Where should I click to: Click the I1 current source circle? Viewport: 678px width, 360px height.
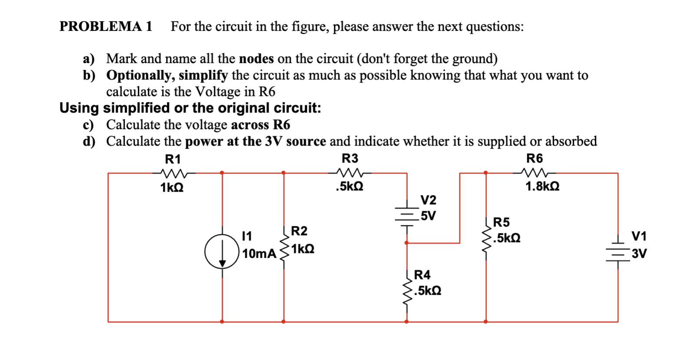(x=222, y=251)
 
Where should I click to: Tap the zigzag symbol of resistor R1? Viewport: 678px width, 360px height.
(x=174, y=173)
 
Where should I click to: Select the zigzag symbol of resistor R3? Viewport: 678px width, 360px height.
(x=350, y=173)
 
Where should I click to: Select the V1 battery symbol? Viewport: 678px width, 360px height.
(x=618, y=252)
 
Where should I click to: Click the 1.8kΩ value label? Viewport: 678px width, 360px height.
(x=542, y=187)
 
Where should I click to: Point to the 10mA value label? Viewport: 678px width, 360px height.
(x=259, y=253)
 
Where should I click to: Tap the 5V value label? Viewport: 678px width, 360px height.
(x=428, y=216)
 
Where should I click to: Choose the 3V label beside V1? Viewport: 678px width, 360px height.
(x=639, y=253)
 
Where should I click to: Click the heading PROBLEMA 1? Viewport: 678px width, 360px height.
(x=106, y=27)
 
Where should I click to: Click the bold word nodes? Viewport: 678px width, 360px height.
(x=256, y=59)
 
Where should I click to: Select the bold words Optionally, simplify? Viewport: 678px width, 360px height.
(x=167, y=76)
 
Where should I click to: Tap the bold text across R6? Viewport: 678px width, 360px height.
(x=260, y=125)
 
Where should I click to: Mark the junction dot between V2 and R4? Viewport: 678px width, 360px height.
(x=406, y=243)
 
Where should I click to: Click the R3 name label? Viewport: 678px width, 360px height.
(x=350, y=158)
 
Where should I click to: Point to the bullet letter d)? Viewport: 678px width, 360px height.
(x=89, y=141)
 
